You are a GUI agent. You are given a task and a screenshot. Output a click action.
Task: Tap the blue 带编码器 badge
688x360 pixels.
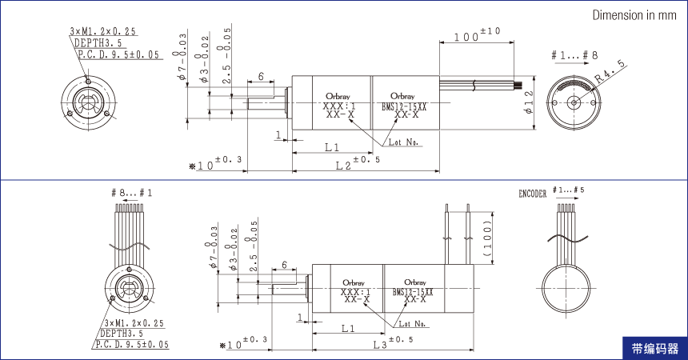[x=654, y=349]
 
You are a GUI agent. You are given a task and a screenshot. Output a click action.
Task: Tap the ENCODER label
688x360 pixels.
[x=533, y=194]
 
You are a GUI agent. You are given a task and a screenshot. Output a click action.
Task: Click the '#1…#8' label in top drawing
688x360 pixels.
[x=574, y=55]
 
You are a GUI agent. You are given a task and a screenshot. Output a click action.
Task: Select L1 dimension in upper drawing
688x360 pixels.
[x=333, y=147]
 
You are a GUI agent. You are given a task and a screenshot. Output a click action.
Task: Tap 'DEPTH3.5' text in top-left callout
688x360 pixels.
[x=98, y=43]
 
